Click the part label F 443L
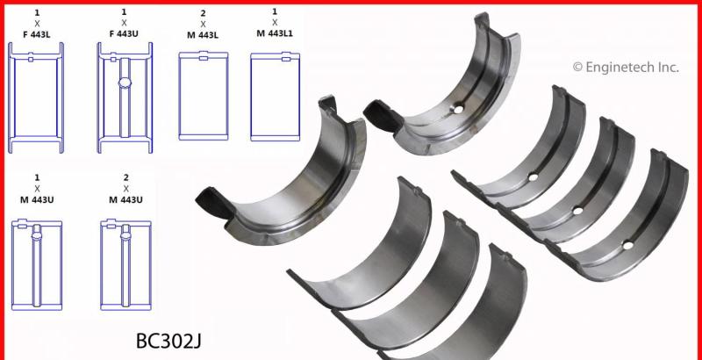[x=37, y=34]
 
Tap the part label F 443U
[x=124, y=33]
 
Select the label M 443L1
[x=275, y=32]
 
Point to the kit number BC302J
[x=168, y=342]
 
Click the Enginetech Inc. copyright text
[x=626, y=67]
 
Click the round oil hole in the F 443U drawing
[x=125, y=83]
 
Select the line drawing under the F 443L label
[x=36, y=97]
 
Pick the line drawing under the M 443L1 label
[x=275, y=97]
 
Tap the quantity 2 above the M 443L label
[x=203, y=13]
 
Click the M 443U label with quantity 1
[x=37, y=199]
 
